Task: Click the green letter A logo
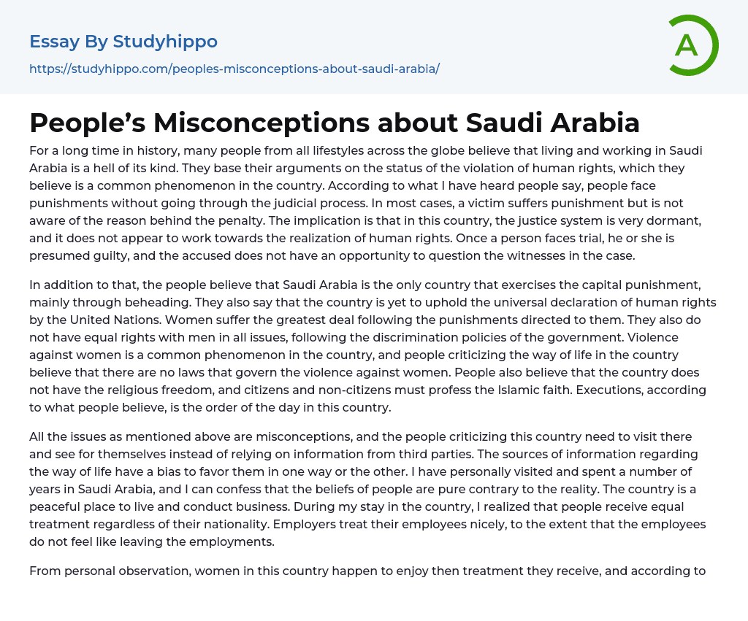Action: click(x=692, y=45)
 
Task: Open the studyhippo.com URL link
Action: click(x=234, y=69)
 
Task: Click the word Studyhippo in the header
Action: click(x=165, y=42)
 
